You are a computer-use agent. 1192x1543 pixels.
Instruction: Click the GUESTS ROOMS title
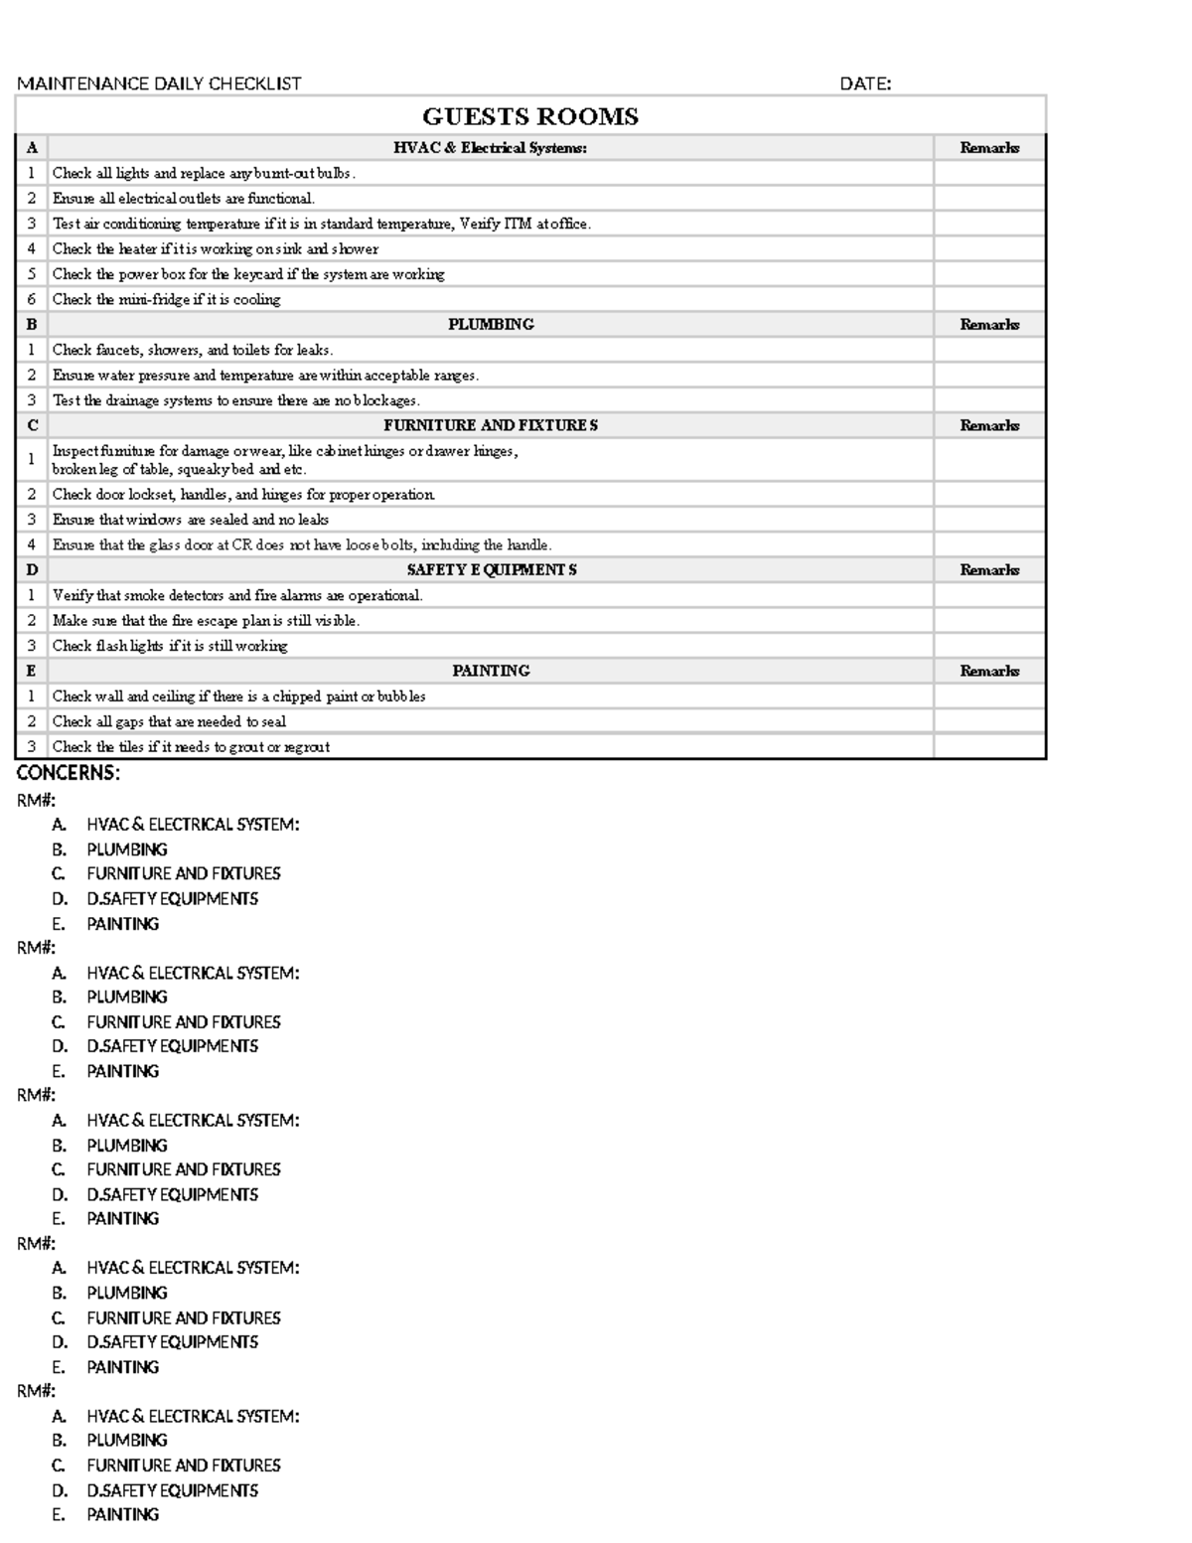tap(530, 116)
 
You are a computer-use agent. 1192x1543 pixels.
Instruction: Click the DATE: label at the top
tap(865, 84)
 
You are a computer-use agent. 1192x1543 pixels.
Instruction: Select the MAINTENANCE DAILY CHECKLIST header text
tap(159, 84)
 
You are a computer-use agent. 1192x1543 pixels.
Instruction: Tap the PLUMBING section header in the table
tap(491, 325)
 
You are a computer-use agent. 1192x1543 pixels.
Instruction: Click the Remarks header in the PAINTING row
tap(989, 671)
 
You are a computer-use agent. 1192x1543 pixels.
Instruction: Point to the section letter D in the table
tap(32, 570)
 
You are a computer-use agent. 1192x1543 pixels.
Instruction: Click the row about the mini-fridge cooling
tap(166, 299)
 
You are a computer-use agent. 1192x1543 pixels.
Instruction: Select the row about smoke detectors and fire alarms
tap(237, 595)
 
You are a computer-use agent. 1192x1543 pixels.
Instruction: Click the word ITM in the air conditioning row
tap(518, 224)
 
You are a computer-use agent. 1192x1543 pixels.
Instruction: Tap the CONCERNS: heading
tap(69, 773)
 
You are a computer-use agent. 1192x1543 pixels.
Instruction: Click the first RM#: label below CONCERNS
tap(37, 800)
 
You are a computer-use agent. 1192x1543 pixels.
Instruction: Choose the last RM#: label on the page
tap(37, 1391)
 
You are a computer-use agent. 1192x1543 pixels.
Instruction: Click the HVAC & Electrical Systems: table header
tap(490, 148)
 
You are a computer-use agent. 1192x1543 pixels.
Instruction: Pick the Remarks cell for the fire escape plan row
tap(989, 621)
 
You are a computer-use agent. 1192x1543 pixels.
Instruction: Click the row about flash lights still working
tap(170, 646)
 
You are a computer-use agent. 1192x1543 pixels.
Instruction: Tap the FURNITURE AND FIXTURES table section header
tap(491, 425)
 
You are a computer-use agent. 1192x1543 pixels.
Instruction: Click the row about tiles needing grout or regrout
tap(191, 747)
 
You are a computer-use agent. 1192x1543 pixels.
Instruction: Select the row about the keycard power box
tap(248, 274)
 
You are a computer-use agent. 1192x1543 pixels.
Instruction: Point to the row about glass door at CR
tap(302, 544)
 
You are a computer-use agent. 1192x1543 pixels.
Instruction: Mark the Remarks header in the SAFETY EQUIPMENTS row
tap(989, 570)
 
